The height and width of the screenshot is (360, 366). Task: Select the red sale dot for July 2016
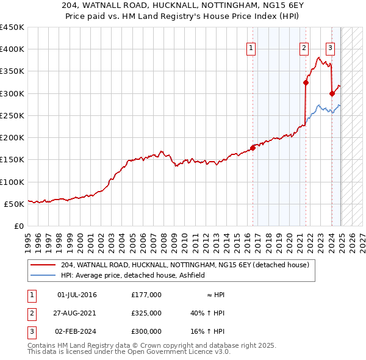253,147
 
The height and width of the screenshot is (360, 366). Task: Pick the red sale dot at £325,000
306,82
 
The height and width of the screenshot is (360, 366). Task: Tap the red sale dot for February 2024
332,93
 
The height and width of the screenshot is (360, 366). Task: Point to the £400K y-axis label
12,49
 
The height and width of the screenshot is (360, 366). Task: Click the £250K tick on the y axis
12,115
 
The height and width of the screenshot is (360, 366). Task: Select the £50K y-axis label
14,204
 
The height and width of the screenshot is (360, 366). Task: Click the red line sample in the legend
43,265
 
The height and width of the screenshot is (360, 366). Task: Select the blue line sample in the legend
43,275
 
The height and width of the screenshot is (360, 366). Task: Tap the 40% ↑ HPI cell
207,313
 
